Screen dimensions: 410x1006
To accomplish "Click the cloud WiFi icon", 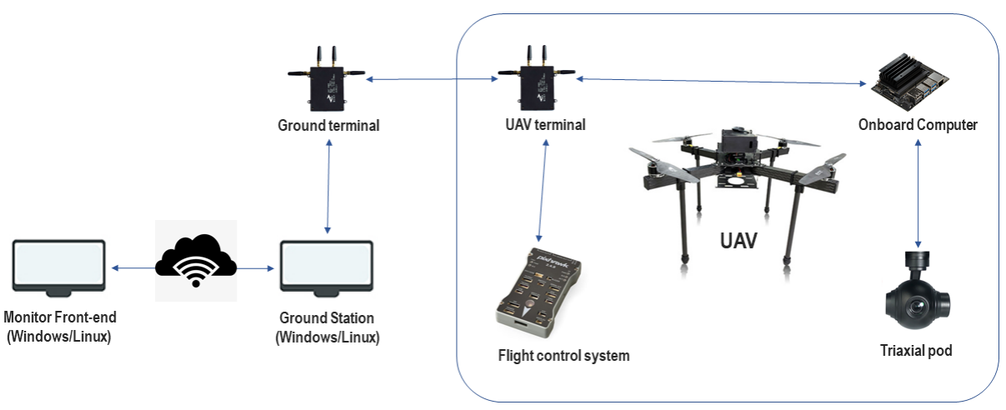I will click(x=196, y=260).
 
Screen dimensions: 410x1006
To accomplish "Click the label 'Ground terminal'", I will click(x=328, y=126).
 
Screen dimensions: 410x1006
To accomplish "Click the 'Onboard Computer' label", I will click(x=918, y=125).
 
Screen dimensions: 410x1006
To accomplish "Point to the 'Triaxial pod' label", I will click(x=916, y=351).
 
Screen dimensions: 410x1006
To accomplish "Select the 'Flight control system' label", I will click(x=563, y=356).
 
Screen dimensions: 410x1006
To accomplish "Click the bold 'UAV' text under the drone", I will click(x=738, y=241).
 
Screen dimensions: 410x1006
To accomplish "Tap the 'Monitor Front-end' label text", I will click(x=60, y=317).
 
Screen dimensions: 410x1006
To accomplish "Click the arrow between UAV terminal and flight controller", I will click(x=543, y=191).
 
